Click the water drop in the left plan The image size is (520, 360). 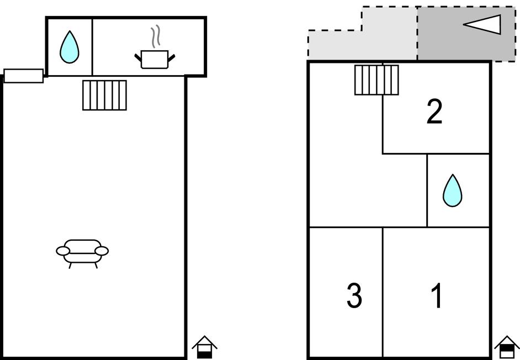pos(69,47)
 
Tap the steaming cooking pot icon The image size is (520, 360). pos(155,57)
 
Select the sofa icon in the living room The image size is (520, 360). pos(82,252)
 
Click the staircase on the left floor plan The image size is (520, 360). pos(104,95)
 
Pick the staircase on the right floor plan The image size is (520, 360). pos(376,80)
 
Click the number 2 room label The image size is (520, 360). pos(434,112)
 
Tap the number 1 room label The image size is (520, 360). pos(437,296)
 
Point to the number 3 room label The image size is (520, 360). pos(354,296)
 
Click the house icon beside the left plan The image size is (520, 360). pos(204,347)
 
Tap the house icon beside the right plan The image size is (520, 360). pos(506,347)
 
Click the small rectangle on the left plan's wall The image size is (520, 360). pos(24,76)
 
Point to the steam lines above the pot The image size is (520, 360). pos(157,35)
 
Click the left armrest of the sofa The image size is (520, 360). pos(63,252)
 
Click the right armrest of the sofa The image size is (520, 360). pos(102,251)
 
